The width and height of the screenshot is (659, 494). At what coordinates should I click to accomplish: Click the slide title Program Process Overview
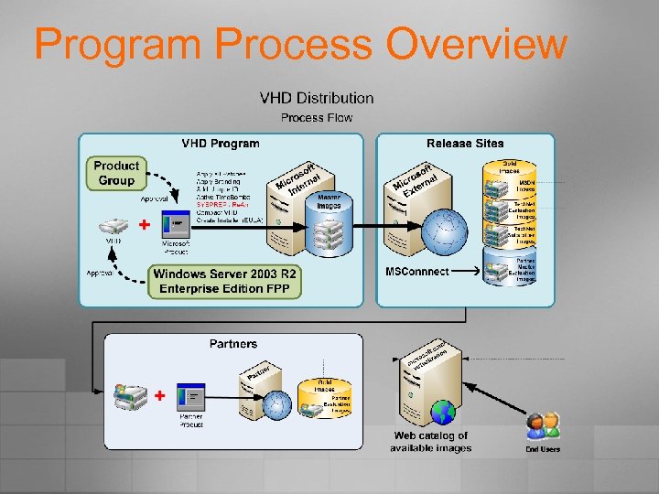click(x=300, y=44)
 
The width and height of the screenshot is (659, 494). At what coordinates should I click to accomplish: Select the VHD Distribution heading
click(x=317, y=98)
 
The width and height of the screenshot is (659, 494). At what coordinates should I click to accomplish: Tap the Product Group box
click(x=116, y=173)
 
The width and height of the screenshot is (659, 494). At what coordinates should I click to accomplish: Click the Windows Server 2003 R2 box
click(x=225, y=281)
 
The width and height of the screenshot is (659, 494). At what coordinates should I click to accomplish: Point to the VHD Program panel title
click(x=221, y=143)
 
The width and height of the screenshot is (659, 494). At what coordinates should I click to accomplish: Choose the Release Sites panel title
click(x=465, y=143)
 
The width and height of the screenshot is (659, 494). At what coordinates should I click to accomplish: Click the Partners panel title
click(x=233, y=344)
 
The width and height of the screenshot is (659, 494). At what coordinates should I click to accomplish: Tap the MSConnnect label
click(x=417, y=272)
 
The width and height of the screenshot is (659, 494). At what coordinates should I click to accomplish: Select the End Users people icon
click(x=543, y=425)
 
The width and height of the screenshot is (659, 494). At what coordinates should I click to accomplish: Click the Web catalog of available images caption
click(x=430, y=442)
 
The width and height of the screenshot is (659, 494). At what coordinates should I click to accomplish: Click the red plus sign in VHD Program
click(x=144, y=224)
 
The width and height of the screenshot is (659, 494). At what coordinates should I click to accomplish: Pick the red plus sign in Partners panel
click(x=160, y=396)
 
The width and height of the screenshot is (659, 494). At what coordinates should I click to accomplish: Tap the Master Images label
click(x=329, y=201)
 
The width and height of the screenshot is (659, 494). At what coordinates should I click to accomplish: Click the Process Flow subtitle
click(x=317, y=117)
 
